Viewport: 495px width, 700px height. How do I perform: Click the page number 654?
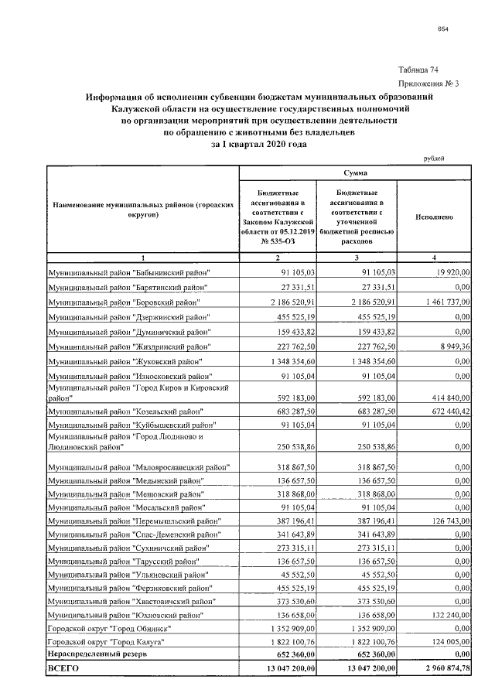pos(444,29)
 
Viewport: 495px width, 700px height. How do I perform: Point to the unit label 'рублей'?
pos(435,158)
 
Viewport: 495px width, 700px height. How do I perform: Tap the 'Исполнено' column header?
pos(434,217)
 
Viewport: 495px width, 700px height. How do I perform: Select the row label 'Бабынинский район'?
pos(129,272)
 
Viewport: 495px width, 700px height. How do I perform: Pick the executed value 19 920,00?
pos(449,272)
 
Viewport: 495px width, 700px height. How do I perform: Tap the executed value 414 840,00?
pos(444,396)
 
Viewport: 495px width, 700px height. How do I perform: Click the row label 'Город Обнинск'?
pos(108,629)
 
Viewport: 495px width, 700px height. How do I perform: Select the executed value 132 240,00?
pos(444,615)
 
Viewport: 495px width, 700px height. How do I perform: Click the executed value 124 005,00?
pos(444,644)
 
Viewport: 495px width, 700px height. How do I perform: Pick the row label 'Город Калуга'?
pos(104,644)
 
